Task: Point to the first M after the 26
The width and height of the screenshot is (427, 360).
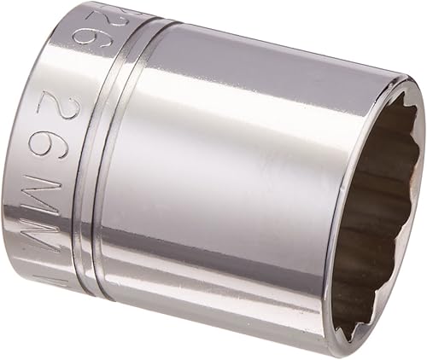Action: (60, 198)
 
